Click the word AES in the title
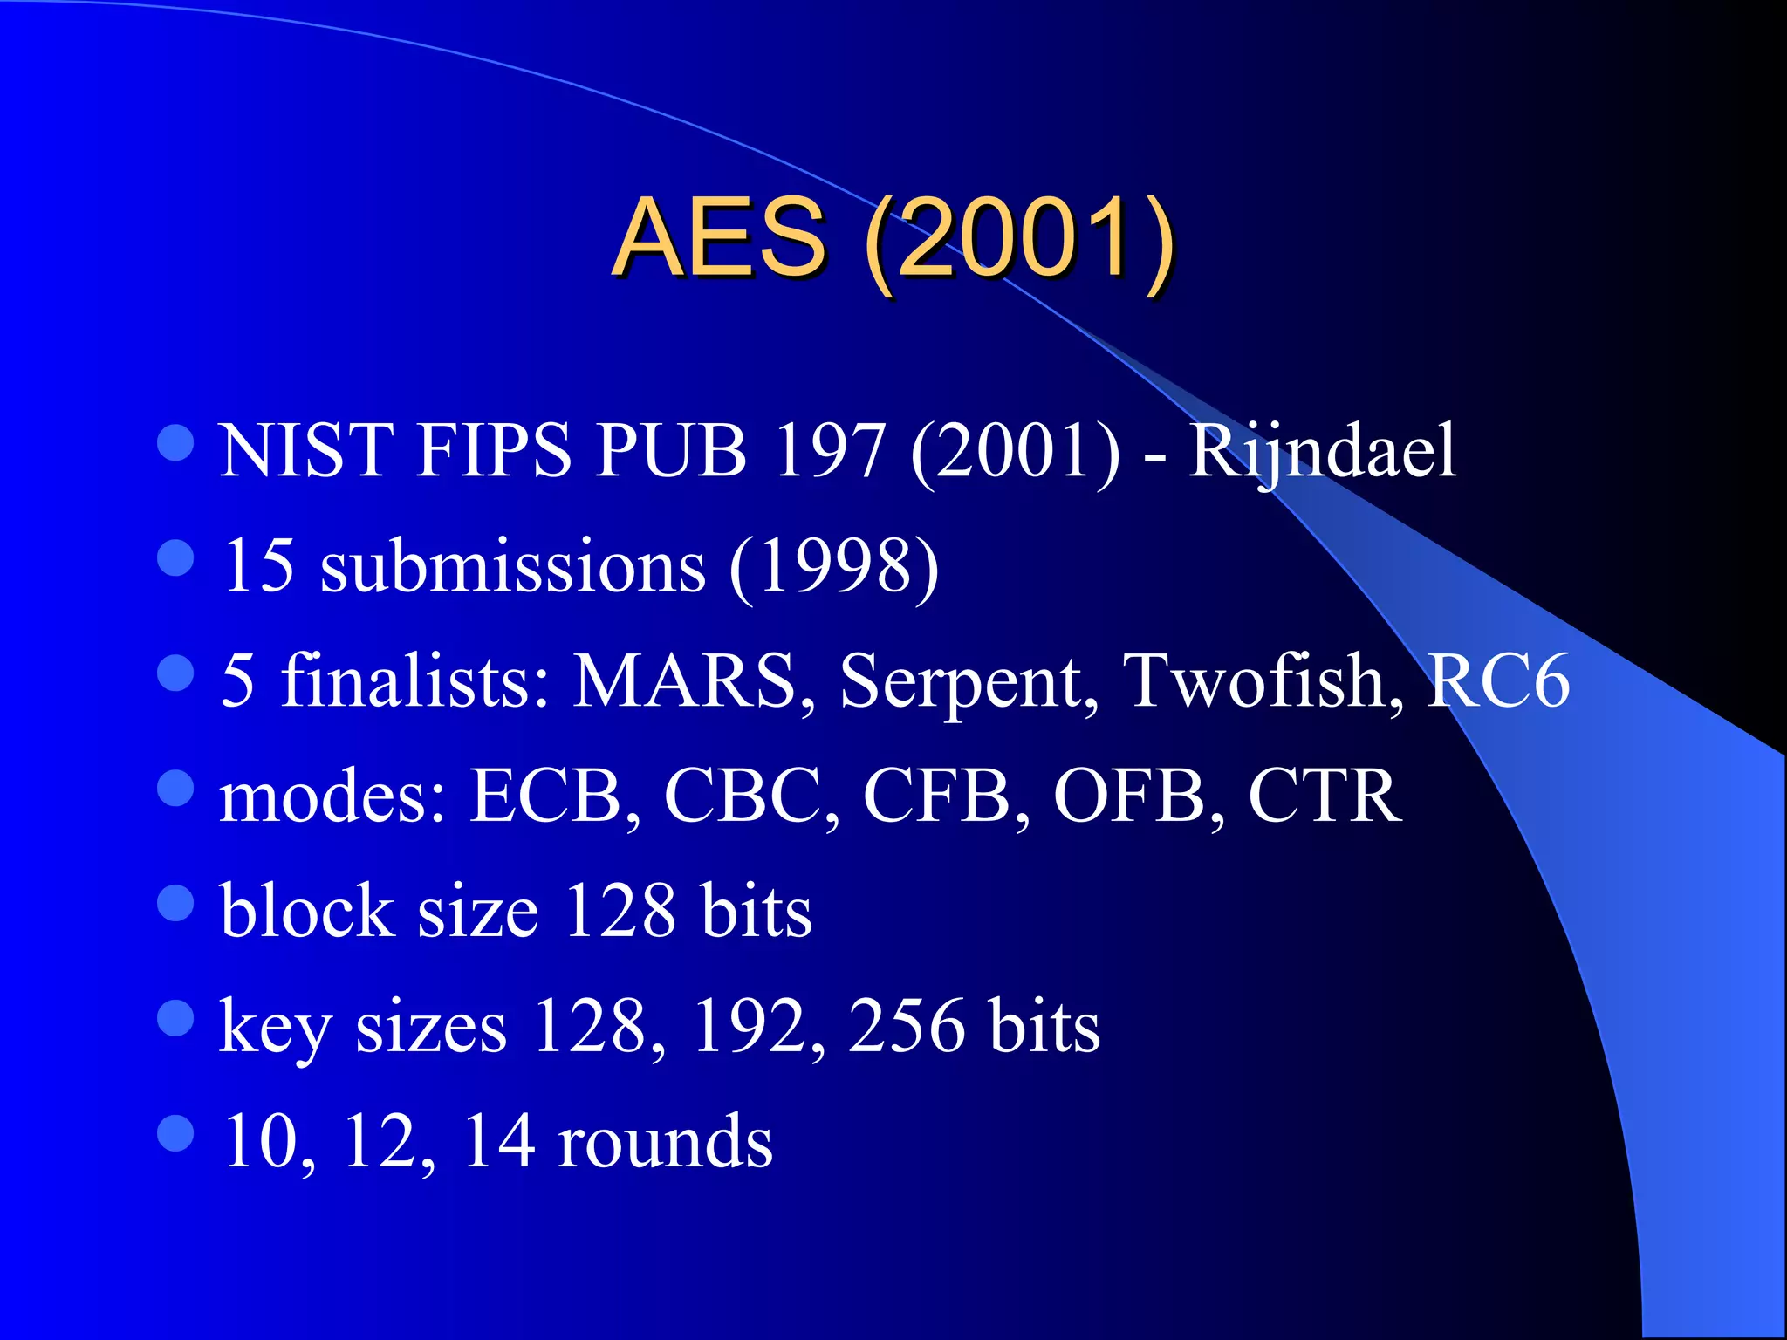(719, 236)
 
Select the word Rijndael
(1322, 451)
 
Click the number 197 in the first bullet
(828, 451)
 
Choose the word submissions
(512, 566)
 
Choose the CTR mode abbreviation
(1324, 796)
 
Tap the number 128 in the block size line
(620, 911)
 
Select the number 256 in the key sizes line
(907, 1026)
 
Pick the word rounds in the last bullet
(665, 1142)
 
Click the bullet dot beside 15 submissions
(175, 558)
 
